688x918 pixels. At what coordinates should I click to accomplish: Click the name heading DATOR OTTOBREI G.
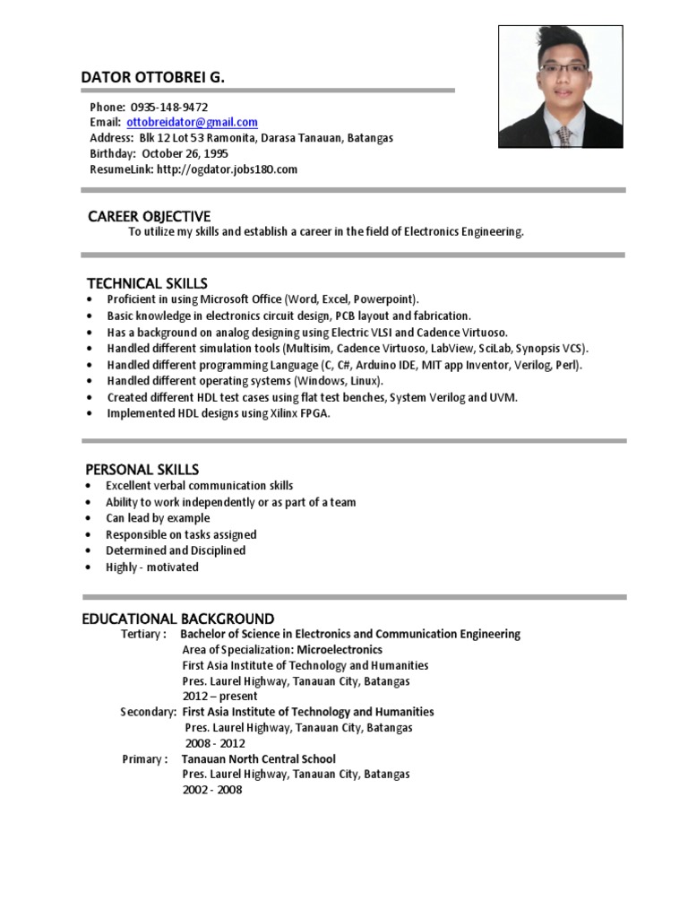tap(153, 78)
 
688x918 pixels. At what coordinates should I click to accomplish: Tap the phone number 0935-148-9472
tap(169, 107)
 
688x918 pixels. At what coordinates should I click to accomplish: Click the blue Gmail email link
tap(192, 122)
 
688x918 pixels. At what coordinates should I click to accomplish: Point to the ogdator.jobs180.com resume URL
tap(227, 169)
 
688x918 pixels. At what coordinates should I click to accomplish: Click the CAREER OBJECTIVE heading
tap(149, 216)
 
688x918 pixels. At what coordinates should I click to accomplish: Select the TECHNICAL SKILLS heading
tap(147, 283)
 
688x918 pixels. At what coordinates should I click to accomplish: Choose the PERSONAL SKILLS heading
tap(142, 470)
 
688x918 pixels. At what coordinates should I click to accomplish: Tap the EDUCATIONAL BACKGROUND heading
tap(178, 619)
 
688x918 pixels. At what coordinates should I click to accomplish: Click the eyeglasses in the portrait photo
tap(562, 69)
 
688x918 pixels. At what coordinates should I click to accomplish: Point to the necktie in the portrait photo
tap(563, 136)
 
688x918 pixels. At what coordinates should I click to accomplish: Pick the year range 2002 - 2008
tap(212, 790)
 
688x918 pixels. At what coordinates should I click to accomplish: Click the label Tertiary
tap(142, 634)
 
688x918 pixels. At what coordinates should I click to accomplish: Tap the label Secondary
tap(147, 712)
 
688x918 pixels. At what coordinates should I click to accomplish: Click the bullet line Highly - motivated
tap(152, 567)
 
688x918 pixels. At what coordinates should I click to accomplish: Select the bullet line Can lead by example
tap(158, 518)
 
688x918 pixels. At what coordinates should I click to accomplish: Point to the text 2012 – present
tap(219, 696)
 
